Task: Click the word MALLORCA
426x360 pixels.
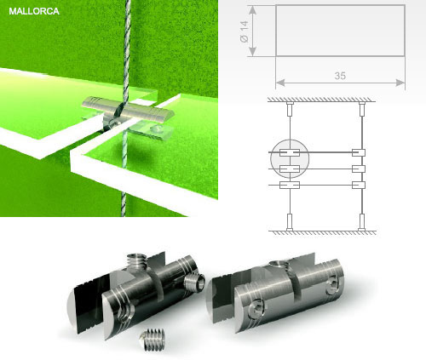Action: [x=34, y=11]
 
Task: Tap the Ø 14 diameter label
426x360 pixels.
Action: [x=245, y=31]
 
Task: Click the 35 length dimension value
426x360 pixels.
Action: [x=340, y=76]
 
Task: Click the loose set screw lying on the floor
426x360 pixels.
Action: [x=153, y=340]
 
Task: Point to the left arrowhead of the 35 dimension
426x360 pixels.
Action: [x=280, y=83]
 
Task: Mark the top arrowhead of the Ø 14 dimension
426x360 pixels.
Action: [x=253, y=10]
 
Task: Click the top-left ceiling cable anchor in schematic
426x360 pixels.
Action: [x=290, y=109]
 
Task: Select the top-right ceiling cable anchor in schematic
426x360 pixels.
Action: [x=361, y=109]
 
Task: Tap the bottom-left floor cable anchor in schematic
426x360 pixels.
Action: [x=290, y=222]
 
